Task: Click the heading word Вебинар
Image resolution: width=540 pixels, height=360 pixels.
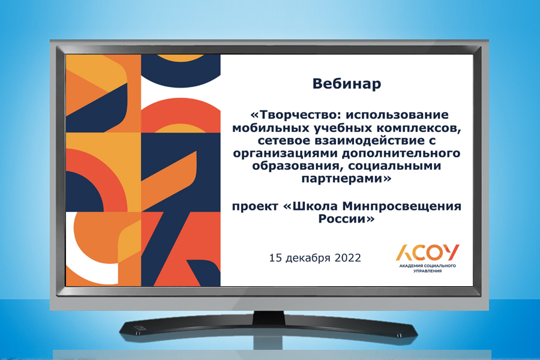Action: point(346,84)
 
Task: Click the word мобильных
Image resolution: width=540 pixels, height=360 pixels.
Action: point(271,128)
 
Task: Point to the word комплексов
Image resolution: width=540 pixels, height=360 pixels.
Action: point(418,128)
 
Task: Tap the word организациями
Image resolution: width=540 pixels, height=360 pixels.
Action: point(285,154)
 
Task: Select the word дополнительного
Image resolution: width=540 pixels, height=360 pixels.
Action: point(401,154)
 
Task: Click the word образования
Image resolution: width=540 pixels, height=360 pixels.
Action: point(298,166)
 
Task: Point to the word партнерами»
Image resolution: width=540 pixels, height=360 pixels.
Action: point(346,179)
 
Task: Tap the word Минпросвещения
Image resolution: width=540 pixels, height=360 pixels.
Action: point(401,206)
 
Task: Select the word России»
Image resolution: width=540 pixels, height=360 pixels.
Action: point(346,219)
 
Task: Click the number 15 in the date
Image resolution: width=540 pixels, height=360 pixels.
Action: point(275,257)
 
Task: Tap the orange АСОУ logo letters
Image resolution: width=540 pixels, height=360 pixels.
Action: point(427,253)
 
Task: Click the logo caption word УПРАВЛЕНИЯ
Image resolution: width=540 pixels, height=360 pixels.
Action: point(427,271)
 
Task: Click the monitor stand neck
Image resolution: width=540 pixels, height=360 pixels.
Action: point(269,317)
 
